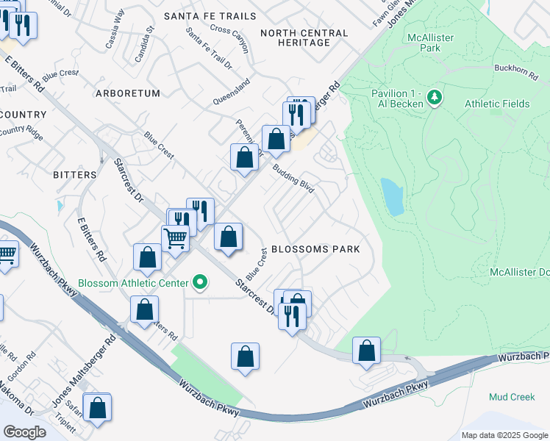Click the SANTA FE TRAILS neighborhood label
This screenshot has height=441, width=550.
pos(210,16)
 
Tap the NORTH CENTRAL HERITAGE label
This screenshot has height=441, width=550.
pos(304,37)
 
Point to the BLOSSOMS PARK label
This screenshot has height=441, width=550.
pos(315,249)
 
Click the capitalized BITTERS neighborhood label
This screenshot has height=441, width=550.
pos(75,175)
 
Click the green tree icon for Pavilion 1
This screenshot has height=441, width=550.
pos(435,97)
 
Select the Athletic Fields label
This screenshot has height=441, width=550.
pos(497,104)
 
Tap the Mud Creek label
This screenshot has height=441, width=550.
pos(512,397)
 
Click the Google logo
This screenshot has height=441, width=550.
pos(24,431)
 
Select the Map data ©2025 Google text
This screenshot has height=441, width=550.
pos(504,435)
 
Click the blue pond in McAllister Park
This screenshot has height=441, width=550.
pos(392,196)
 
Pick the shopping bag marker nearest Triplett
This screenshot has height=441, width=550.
pos(97,408)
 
